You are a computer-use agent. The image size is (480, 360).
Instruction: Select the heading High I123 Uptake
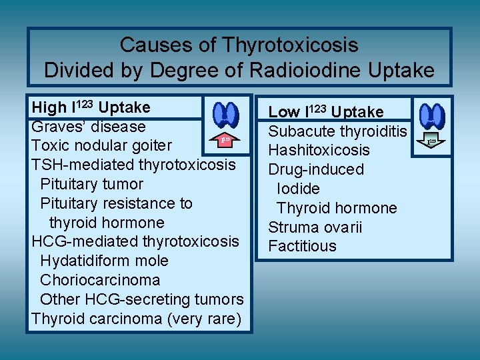tap(91, 107)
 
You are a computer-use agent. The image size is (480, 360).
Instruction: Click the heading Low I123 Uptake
tap(326, 112)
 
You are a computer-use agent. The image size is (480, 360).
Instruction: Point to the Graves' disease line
tap(88, 127)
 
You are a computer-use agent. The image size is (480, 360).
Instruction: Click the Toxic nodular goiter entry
tap(101, 145)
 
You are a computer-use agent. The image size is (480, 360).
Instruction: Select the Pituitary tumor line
tap(91, 184)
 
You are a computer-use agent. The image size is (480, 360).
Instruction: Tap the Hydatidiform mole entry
tap(104, 261)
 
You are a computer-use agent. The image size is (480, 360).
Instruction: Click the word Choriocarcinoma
tap(100, 280)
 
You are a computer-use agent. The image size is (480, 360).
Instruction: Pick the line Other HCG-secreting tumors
tap(141, 299)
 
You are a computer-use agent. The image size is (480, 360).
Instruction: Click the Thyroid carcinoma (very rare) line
tap(136, 319)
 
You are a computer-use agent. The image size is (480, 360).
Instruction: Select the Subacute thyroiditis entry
tap(338, 131)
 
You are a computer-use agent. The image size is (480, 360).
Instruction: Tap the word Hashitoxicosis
tap(319, 151)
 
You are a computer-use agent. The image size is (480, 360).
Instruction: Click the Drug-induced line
tap(316, 169)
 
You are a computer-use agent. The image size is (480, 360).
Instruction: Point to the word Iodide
tap(298, 189)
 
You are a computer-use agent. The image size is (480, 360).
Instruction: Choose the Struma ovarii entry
tap(315, 227)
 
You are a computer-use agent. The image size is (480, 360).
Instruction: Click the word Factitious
tap(302, 247)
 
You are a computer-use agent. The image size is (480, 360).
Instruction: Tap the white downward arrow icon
tap(431, 141)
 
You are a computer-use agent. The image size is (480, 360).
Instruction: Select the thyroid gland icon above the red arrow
tap(226, 115)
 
